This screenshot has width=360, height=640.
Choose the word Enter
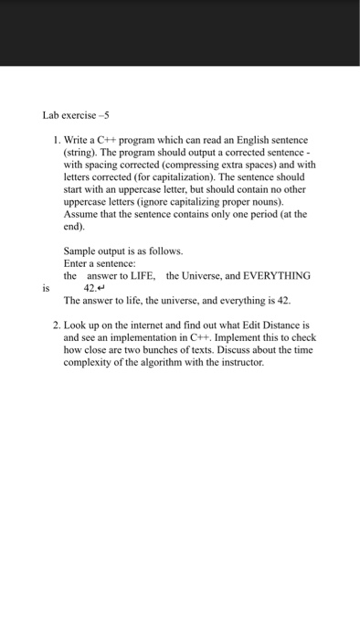click(x=77, y=263)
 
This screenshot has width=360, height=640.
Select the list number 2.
click(x=55, y=325)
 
